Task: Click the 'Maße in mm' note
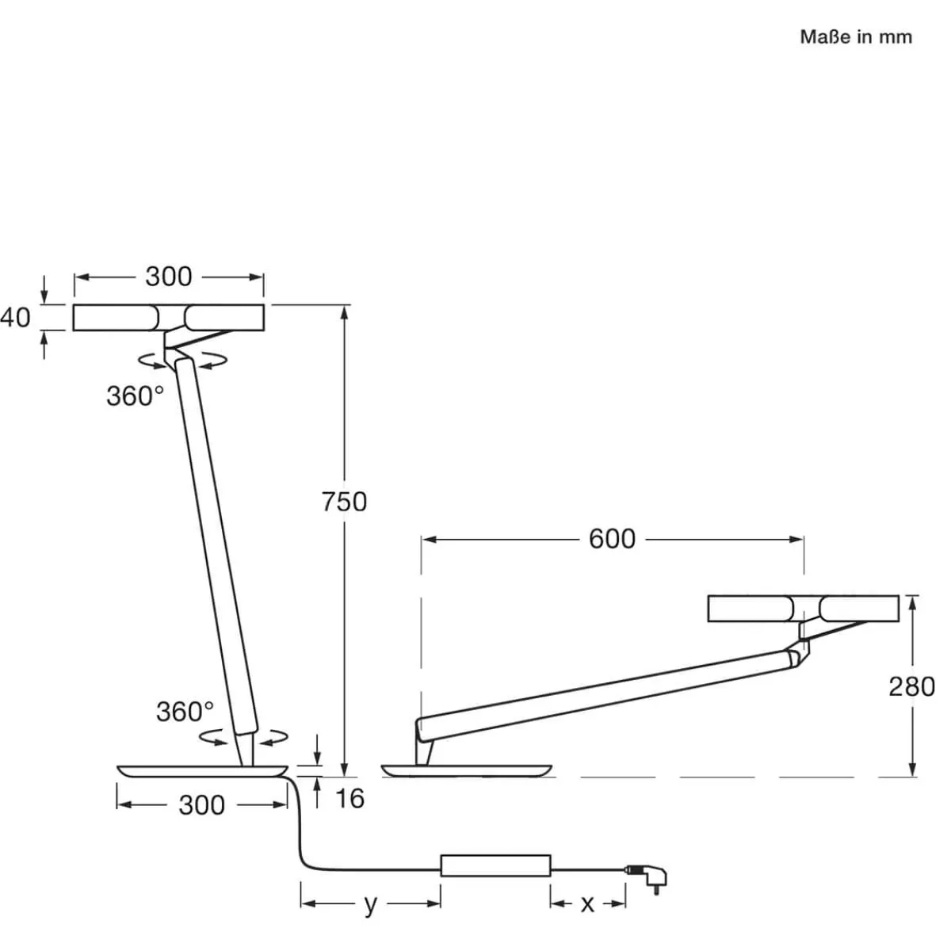(856, 37)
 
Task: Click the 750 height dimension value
(345, 502)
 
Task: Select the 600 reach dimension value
(612, 539)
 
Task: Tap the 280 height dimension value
(911, 686)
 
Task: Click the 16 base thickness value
(349, 798)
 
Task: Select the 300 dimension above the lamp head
(168, 277)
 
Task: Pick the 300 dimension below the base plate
(201, 805)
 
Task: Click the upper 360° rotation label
(135, 396)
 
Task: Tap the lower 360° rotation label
(184, 712)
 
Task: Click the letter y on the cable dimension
(370, 904)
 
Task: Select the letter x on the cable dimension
(586, 904)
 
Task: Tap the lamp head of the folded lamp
(803, 609)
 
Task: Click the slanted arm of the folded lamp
(602, 686)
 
